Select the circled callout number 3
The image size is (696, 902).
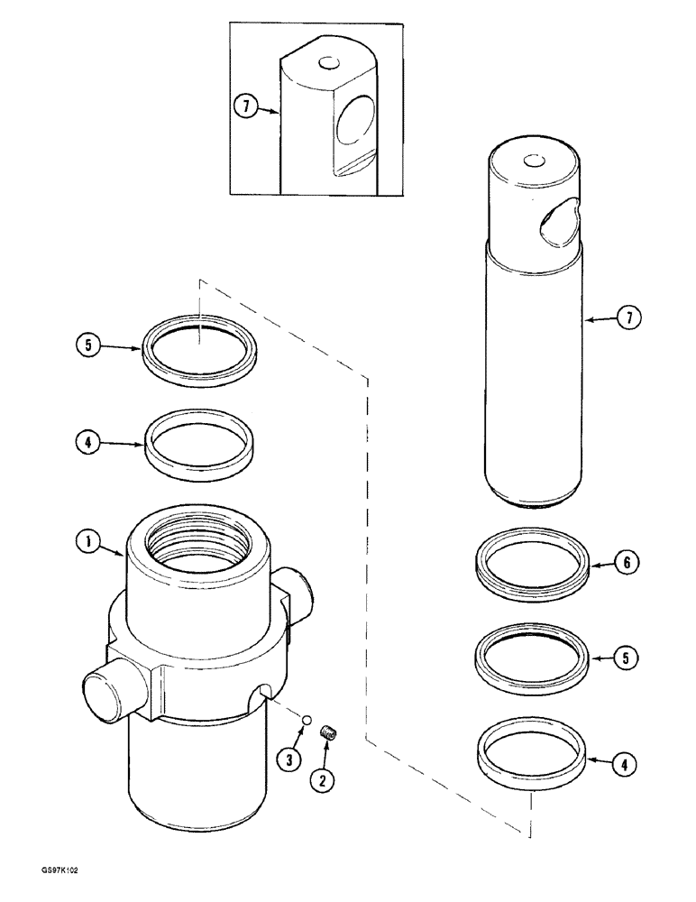pos(288,760)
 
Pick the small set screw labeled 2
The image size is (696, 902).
pos(329,728)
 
